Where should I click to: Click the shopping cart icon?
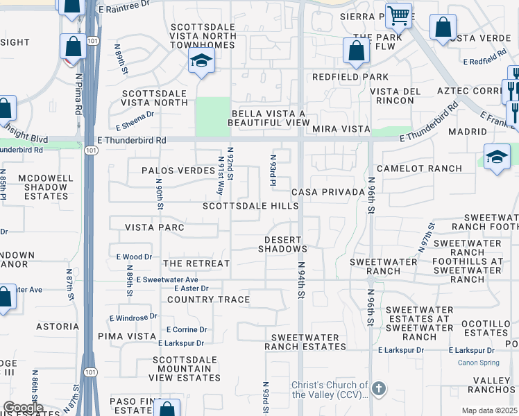coord(399,15)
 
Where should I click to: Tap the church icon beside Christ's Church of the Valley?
coord(378,389)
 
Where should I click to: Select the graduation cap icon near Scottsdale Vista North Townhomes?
coord(201,62)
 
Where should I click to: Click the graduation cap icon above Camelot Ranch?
coord(497,157)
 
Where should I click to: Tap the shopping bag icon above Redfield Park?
coord(356,51)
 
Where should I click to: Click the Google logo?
coord(23,408)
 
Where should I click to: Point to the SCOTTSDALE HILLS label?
coord(250,206)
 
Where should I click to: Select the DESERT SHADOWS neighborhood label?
coord(282,243)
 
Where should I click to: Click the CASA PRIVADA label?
coord(328,191)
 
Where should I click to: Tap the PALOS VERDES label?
coord(178,171)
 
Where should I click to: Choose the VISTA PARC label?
coord(155,227)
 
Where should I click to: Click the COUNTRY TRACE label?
coord(208,300)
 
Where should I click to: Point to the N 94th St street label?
coord(301,280)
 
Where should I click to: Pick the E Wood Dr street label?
coord(134,257)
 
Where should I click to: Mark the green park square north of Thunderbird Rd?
coord(212,116)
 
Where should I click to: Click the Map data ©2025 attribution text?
coord(489,410)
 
